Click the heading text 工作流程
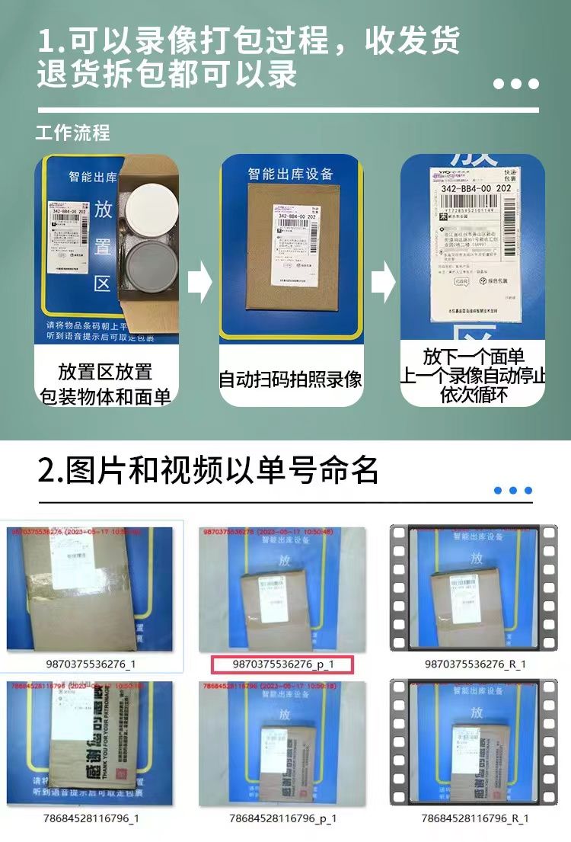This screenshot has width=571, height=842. [x=73, y=133]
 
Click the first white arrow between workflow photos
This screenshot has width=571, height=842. [x=199, y=281]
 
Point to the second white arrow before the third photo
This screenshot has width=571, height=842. [x=383, y=283]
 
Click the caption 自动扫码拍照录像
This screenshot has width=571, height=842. [x=290, y=379]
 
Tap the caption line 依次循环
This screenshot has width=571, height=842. [x=473, y=395]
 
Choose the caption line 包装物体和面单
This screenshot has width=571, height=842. [x=105, y=395]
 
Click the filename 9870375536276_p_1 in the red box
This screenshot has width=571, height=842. [x=283, y=664]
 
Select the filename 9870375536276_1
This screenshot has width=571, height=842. [x=91, y=664]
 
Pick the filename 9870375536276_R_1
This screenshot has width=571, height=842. [x=475, y=664]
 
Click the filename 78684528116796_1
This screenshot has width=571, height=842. [x=91, y=818]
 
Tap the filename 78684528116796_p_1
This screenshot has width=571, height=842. [x=282, y=818]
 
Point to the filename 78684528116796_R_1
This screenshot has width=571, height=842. [x=475, y=818]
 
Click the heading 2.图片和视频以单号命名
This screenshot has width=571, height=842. [x=208, y=470]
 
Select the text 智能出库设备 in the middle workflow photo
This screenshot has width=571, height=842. [x=290, y=174]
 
